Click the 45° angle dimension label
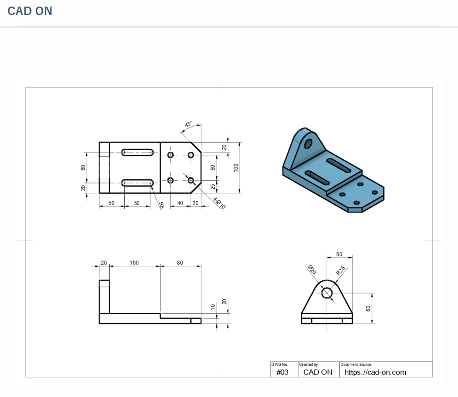point(188,125)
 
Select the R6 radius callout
point(161,205)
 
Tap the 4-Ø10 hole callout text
point(219,203)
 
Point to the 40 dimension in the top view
point(180,203)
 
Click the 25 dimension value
point(213,187)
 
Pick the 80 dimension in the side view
point(180,262)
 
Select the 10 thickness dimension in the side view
point(213,307)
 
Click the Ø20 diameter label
point(312,270)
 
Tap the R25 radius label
point(340,270)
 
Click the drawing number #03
point(282,372)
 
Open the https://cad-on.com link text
point(375,372)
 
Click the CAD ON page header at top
point(30,11)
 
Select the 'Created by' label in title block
point(308,365)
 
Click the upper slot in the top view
point(137,152)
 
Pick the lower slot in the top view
point(137,183)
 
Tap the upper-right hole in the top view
point(191,155)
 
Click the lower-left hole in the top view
point(170,180)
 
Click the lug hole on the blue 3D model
point(309,143)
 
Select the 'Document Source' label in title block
point(355,365)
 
